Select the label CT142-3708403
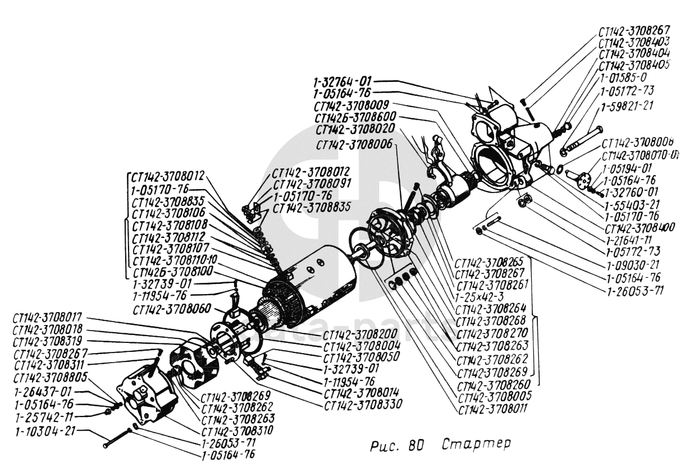coord(636,43)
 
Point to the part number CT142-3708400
coord(639,228)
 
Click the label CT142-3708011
coord(494,409)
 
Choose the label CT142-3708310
coord(238,431)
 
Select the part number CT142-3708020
coord(355,130)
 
